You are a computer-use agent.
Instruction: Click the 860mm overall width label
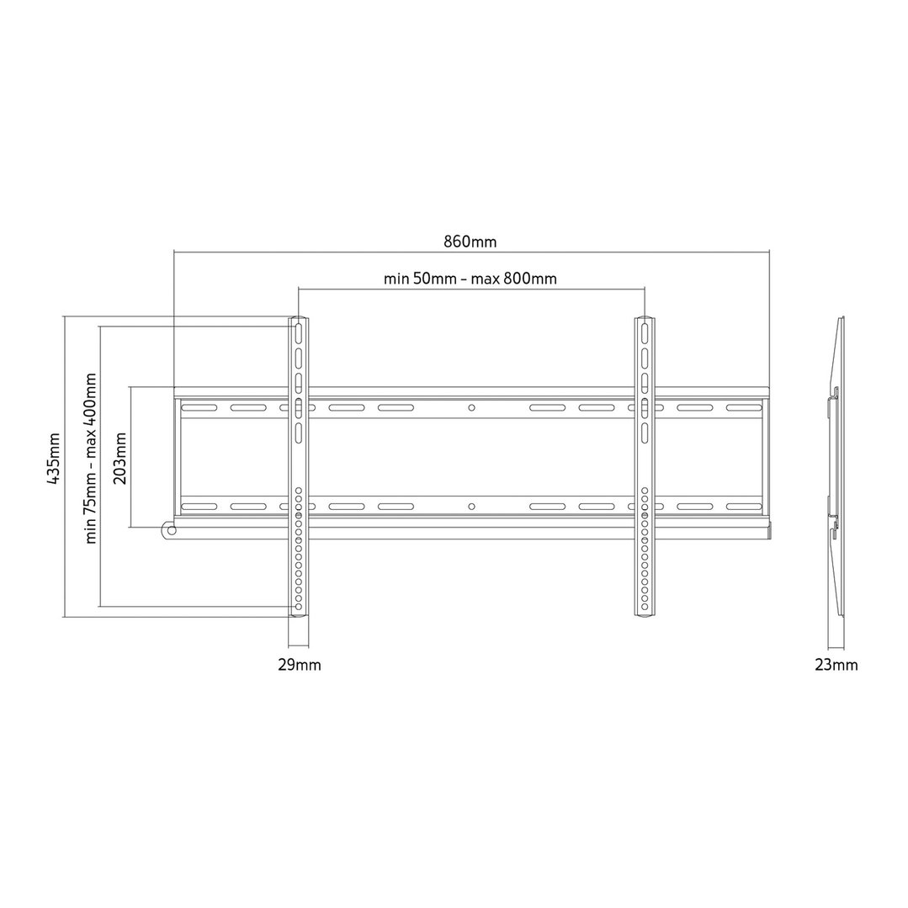tap(470, 242)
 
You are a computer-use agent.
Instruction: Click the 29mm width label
tap(299, 665)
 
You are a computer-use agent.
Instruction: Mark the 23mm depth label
tap(837, 665)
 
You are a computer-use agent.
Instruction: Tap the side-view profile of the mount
tap(836, 467)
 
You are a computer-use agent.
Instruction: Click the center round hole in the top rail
tap(471, 408)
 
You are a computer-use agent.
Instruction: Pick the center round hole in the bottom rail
tap(471, 507)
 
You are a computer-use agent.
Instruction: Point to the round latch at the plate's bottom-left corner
tap(170, 530)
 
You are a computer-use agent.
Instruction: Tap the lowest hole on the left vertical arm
tap(299, 607)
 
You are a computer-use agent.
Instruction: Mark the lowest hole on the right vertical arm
tap(644, 607)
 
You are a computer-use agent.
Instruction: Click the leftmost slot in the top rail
tap(193, 408)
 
